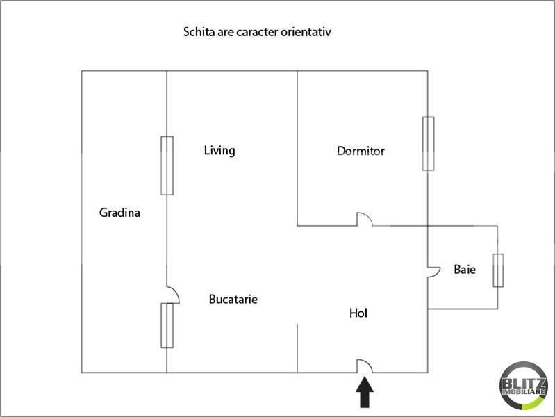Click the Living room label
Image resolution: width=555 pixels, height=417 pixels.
tap(219, 150)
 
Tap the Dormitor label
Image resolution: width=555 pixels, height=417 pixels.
tap(361, 151)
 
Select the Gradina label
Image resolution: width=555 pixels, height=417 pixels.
tap(119, 213)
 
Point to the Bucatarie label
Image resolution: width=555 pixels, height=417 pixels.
tap(233, 300)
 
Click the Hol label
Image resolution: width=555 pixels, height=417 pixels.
tap(358, 313)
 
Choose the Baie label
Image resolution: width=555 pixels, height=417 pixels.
tap(465, 269)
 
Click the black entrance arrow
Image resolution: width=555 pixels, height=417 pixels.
tap(365, 393)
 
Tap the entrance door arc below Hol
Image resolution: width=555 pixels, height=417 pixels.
tap(365, 366)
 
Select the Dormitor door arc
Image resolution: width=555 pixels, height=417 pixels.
tap(365, 219)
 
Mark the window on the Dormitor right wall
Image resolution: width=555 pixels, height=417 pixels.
tap(428, 143)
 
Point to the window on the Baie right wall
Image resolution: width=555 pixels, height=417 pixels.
tap(498, 270)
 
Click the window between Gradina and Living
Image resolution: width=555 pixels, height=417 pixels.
tap(167, 165)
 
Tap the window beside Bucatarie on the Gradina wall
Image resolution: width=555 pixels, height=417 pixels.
tap(167, 325)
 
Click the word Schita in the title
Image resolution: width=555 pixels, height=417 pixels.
tap(197, 32)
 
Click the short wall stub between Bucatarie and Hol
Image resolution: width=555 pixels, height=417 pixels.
tap(297, 347)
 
